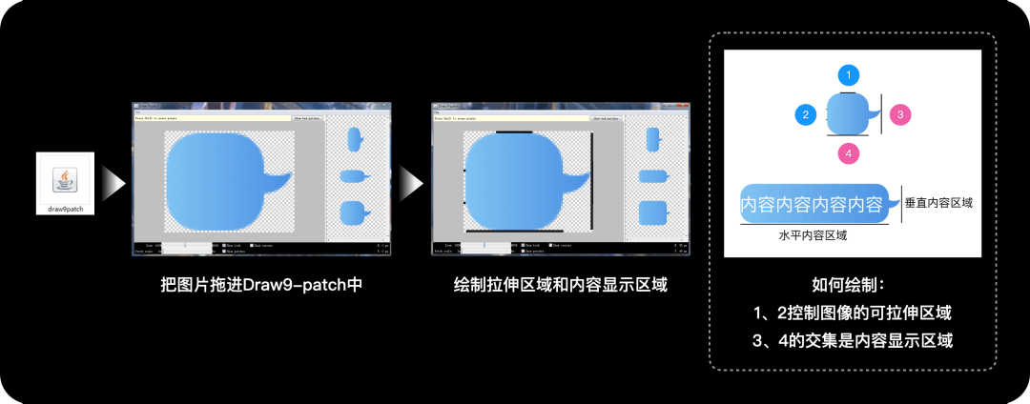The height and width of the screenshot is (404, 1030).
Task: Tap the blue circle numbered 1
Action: (848, 74)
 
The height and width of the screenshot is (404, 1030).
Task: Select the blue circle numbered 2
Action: (806, 115)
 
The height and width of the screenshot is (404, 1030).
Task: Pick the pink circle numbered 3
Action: (900, 115)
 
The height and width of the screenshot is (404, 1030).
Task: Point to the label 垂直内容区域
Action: (939, 202)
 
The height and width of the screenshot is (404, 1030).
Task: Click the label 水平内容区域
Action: (813, 234)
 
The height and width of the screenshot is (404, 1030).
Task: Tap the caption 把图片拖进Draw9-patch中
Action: (261, 285)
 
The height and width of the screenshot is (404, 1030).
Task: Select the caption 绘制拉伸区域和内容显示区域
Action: (560, 285)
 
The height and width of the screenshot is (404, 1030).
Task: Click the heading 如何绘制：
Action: (854, 285)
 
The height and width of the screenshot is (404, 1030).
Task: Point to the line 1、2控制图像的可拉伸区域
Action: (853, 313)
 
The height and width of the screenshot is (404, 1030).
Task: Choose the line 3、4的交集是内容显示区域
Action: (853, 340)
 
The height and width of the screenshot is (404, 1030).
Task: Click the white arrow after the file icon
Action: (113, 181)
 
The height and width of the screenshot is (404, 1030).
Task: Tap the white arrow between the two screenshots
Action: (412, 181)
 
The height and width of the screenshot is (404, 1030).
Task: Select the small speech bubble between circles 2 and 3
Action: (852, 114)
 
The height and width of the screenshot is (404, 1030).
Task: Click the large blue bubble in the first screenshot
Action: (216, 180)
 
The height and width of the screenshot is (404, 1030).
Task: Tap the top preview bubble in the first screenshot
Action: (354, 139)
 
